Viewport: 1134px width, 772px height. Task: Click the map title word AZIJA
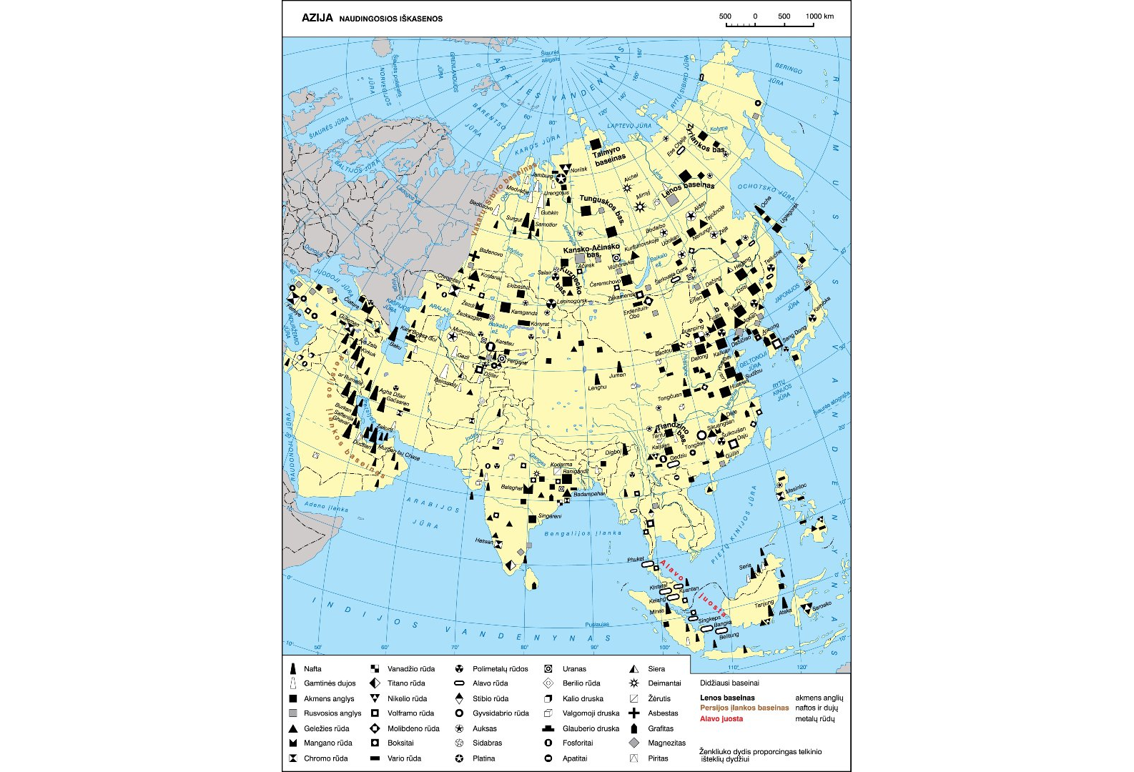tap(317, 18)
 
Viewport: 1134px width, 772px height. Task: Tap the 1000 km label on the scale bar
tap(819, 16)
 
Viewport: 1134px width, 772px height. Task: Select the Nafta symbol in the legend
tap(292, 669)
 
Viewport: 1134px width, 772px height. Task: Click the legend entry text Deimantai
tap(664, 683)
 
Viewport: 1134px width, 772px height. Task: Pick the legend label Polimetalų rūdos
tap(500, 669)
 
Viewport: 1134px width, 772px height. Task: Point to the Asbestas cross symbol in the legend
tap(633, 713)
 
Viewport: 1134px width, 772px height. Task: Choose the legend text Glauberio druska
tap(591, 728)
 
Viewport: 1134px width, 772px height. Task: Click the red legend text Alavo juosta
tap(721, 719)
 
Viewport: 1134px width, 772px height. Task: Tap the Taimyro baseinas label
tap(608, 156)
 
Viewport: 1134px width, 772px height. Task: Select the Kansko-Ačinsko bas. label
tap(591, 250)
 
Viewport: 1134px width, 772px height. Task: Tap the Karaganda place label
tap(524, 312)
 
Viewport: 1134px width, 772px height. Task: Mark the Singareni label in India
tap(549, 516)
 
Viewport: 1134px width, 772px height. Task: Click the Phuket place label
tap(635, 559)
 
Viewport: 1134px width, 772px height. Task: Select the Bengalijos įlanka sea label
tap(583, 533)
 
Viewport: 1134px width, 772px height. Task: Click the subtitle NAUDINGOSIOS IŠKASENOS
tap(390, 19)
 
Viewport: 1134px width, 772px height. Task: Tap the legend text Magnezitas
tap(666, 743)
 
